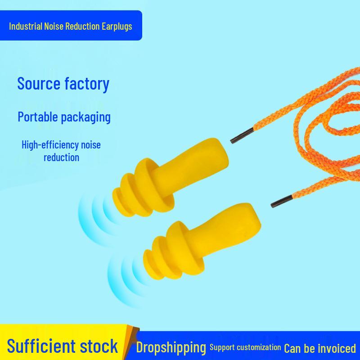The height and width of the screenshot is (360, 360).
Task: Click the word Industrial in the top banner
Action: click(26, 26)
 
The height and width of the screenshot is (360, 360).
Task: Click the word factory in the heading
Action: click(87, 84)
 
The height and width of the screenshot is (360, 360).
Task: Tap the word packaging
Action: click(85, 117)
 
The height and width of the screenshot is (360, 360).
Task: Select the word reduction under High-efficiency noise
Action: click(61, 157)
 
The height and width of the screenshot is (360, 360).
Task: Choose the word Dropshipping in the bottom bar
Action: click(171, 347)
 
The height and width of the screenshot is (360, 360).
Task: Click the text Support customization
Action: click(245, 347)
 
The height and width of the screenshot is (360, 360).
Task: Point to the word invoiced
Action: click(337, 348)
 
